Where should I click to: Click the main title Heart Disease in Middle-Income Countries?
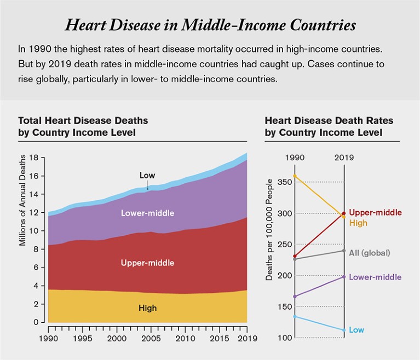[x=210, y=25]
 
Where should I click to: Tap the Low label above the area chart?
[x=147, y=176]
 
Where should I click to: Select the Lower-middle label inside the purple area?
[x=147, y=212]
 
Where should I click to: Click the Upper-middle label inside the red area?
[x=147, y=263]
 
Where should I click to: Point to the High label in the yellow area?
[x=147, y=308]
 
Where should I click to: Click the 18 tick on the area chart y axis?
[x=36, y=158]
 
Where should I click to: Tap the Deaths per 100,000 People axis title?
[x=269, y=236]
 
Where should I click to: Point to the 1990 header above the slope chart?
[x=295, y=158]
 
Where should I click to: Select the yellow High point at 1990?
[x=295, y=176]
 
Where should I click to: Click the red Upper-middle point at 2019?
[x=344, y=213]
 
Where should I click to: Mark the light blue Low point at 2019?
[x=344, y=330]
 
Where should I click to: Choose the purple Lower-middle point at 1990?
[x=295, y=297]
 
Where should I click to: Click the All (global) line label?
[x=369, y=253]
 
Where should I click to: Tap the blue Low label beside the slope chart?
[x=356, y=330]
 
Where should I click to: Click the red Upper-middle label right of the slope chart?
[x=375, y=212]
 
